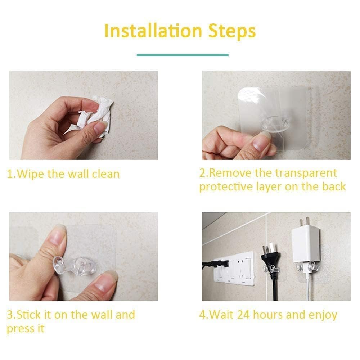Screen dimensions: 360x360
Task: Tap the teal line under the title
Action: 183,55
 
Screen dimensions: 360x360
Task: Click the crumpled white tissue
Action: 95,114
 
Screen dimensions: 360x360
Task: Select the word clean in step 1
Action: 105,174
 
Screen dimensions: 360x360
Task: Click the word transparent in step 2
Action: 306,173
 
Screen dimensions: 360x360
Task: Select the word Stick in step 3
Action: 29,315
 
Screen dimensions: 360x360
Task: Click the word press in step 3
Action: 21,329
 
